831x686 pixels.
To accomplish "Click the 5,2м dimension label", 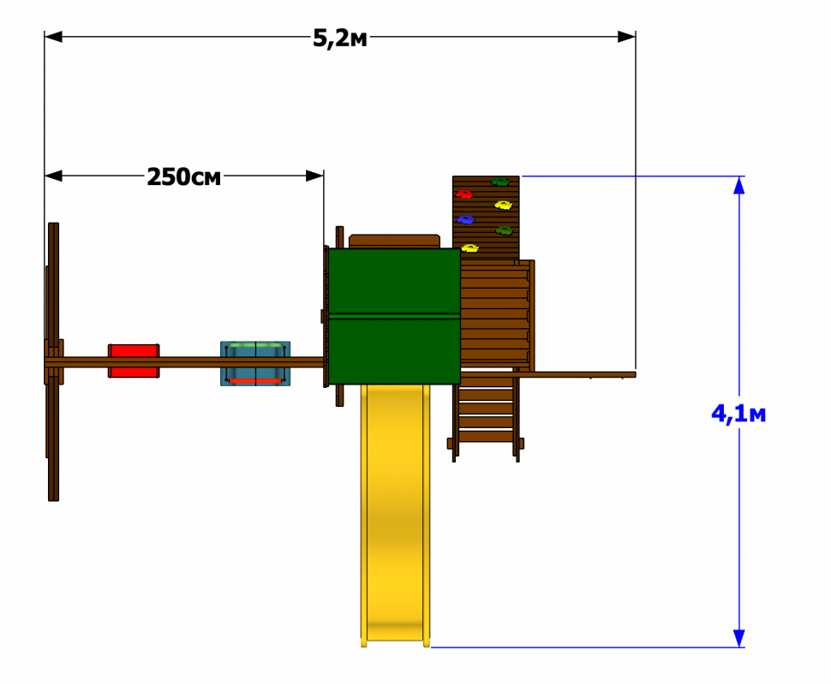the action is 340,39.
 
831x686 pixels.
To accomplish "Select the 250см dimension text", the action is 183,177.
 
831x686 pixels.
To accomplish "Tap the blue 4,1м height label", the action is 738,414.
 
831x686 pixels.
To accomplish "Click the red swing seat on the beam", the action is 134,361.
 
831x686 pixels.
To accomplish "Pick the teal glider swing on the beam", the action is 255,363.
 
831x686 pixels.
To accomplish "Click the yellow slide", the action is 395,515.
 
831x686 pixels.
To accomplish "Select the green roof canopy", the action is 394,316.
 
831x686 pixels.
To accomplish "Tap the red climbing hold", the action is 464,194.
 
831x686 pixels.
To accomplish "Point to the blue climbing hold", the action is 465,219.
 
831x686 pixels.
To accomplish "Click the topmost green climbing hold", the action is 499,182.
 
